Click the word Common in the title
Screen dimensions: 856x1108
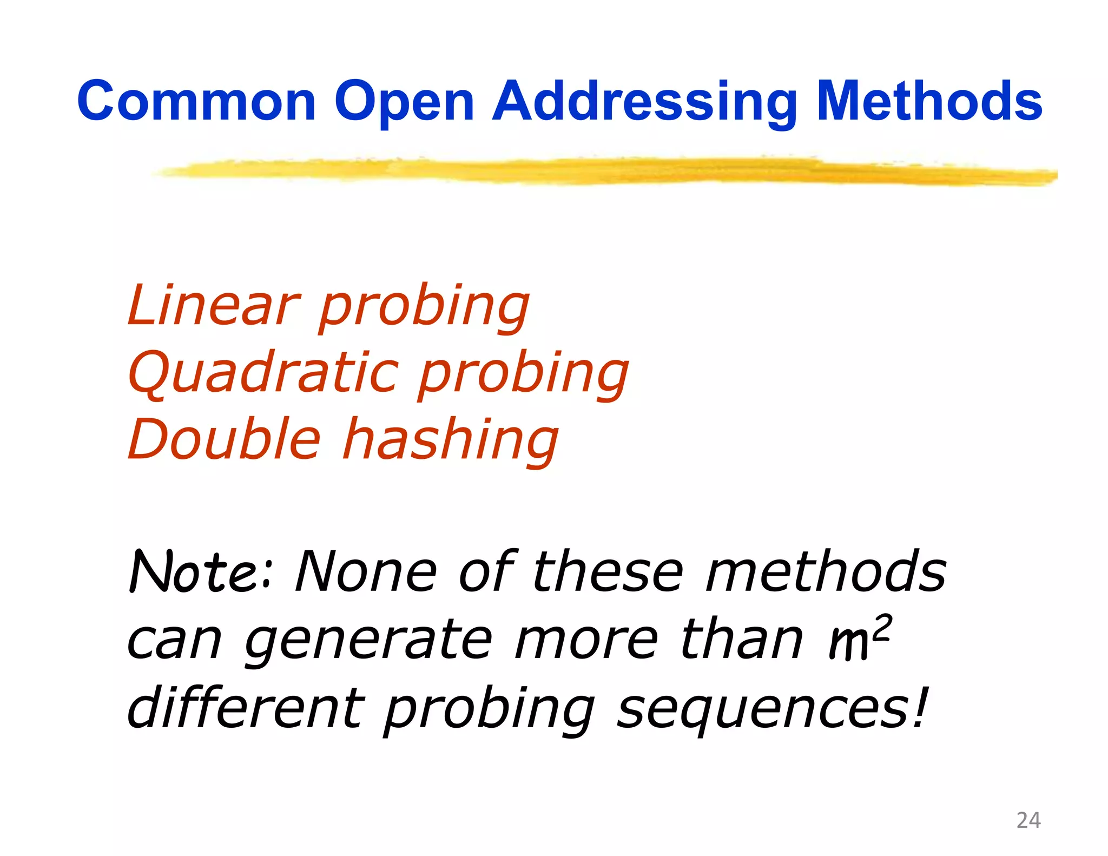point(196,101)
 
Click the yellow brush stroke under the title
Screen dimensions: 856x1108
point(595,172)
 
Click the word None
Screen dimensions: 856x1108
point(366,571)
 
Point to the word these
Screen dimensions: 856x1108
point(608,571)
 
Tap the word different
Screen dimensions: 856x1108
point(246,707)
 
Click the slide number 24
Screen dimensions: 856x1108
point(1028,820)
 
